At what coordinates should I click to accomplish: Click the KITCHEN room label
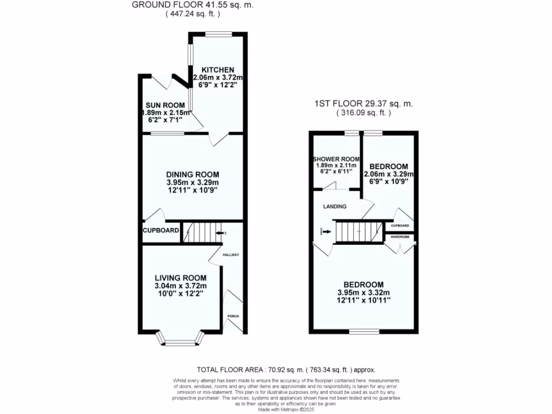[x=218, y=70]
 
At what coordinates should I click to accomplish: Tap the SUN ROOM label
[x=165, y=105]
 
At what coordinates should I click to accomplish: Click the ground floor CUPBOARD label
[x=161, y=231]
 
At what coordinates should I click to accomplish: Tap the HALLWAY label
[x=231, y=254]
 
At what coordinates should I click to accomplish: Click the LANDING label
[x=335, y=206]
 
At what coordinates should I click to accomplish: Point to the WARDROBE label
[x=399, y=236]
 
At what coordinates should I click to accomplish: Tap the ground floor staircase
[x=202, y=233]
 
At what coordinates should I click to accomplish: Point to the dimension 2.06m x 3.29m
[x=389, y=174]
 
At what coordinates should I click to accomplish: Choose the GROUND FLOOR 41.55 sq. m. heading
[x=192, y=5]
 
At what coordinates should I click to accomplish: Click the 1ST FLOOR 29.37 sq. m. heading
[x=364, y=104]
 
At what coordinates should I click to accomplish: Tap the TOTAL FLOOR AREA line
[x=286, y=370]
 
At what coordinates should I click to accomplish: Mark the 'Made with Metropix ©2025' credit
[x=286, y=410]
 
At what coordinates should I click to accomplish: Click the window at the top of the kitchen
[x=218, y=34]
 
